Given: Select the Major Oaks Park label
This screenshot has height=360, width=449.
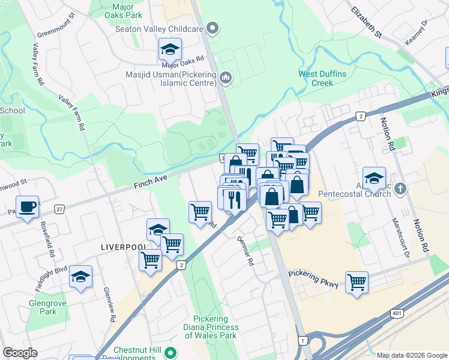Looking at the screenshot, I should coord(122,10).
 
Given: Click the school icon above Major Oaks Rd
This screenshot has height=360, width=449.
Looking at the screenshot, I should coord(170,49).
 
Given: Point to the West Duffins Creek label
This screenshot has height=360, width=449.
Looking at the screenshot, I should coord(324,79).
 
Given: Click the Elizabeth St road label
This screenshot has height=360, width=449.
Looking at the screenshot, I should coord(367,23).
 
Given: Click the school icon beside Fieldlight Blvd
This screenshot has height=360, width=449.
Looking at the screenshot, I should coord(80,277).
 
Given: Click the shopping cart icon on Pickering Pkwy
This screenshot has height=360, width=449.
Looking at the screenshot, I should coord(357,281).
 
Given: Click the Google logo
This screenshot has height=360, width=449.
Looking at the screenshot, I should coord(20,353).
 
